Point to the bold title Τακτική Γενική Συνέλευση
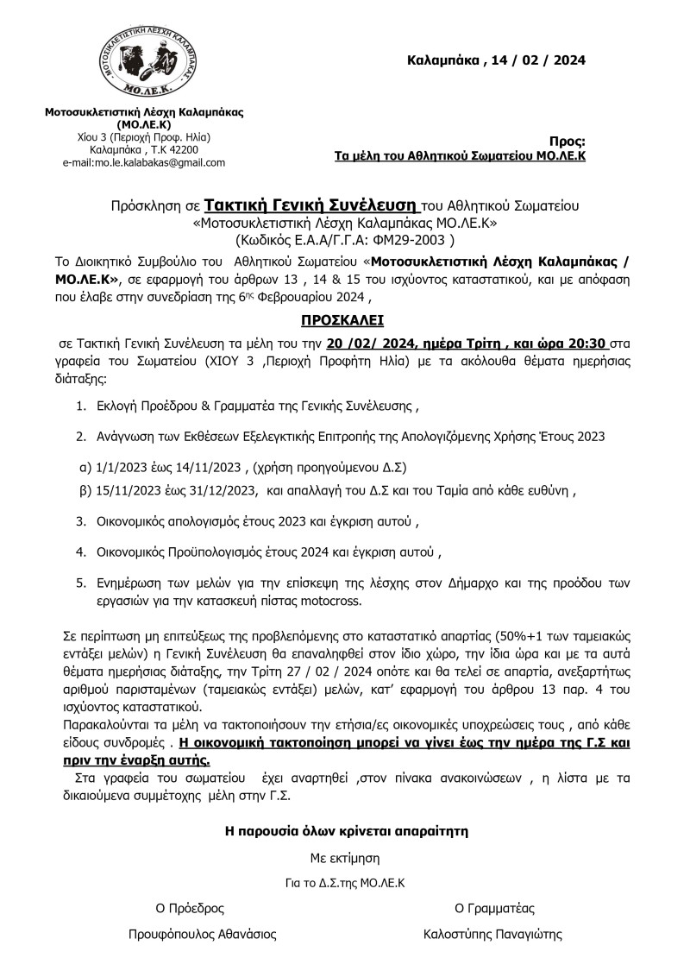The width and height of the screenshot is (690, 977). point(312,206)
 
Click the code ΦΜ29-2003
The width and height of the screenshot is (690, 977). point(398,240)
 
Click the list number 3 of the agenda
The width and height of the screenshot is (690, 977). point(80,521)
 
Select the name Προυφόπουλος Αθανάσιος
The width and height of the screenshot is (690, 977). point(203,934)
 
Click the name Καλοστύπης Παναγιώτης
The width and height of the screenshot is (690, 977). point(492,934)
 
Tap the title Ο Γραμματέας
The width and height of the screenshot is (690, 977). point(494,908)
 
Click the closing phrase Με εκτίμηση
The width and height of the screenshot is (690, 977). point(345,859)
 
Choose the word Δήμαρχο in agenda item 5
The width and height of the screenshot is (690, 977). point(448,584)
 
